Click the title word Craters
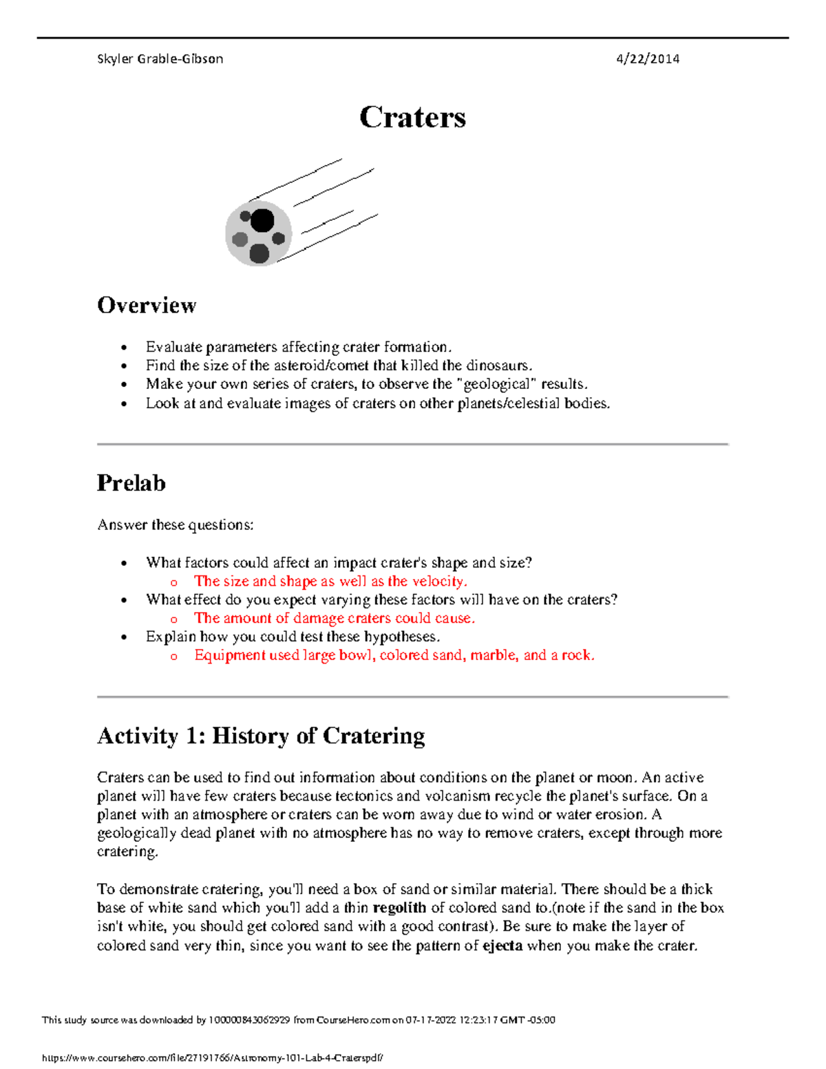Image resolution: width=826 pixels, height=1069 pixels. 412,117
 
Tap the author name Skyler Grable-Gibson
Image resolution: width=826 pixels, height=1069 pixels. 160,59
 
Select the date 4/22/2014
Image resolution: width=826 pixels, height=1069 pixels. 647,59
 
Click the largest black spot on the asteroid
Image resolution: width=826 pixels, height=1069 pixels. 262,221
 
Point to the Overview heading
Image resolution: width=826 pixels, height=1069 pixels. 147,305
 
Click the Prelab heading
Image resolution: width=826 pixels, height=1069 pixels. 131,483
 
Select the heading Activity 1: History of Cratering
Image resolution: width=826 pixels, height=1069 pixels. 261,736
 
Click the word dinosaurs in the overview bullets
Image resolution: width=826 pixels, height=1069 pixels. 498,366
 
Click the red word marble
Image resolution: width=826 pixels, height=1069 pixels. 494,655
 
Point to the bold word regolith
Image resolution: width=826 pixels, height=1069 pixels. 399,908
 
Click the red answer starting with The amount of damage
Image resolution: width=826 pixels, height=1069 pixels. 335,619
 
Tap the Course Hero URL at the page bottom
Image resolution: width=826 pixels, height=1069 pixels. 212,1059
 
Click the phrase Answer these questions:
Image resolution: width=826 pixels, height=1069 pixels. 175,525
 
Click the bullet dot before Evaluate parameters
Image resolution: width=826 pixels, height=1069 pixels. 124,348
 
